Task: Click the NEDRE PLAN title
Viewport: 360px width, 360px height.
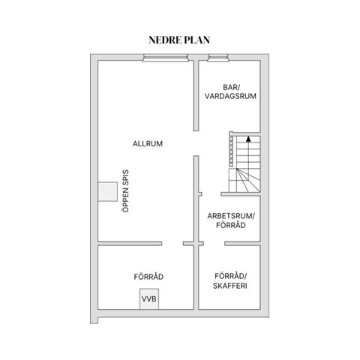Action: click(x=179, y=40)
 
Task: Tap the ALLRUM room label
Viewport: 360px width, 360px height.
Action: click(x=148, y=144)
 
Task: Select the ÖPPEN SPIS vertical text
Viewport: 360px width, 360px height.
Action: click(x=126, y=191)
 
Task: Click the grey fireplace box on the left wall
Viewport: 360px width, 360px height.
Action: click(x=107, y=191)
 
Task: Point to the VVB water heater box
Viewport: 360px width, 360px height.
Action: click(x=149, y=299)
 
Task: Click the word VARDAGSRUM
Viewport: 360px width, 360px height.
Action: click(x=230, y=96)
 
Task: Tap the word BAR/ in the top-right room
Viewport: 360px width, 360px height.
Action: click(x=231, y=87)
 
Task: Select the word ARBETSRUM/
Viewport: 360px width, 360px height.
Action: click(x=231, y=216)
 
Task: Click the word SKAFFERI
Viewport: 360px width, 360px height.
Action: click(x=230, y=286)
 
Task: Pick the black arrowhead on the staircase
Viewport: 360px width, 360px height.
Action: click(x=248, y=139)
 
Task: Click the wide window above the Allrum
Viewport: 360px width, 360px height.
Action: click(x=166, y=58)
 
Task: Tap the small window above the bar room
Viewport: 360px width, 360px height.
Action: click(x=218, y=58)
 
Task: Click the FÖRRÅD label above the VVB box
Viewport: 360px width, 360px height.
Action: click(x=148, y=277)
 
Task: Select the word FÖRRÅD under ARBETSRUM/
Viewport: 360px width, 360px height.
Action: click(x=231, y=225)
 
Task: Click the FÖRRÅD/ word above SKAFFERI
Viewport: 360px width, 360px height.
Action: click(x=231, y=276)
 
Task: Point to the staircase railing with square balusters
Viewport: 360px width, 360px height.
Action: click(x=231, y=149)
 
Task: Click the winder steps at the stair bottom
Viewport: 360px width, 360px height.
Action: click(x=244, y=180)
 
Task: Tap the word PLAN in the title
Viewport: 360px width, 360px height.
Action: click(x=197, y=40)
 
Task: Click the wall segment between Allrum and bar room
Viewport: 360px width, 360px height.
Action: click(x=196, y=95)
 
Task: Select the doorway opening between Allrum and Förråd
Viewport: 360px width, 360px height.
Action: click(x=172, y=244)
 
